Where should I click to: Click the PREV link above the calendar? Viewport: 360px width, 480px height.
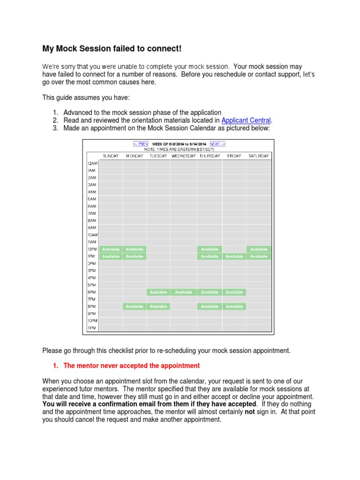coord(141,144)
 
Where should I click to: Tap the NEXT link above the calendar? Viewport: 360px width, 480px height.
coord(217,144)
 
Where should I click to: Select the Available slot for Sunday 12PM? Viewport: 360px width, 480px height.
coord(111,249)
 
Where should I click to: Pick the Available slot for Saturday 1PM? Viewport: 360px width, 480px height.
coord(259,256)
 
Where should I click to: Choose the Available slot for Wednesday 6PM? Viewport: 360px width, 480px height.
coord(183,292)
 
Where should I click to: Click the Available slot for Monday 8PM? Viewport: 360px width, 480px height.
coord(135,307)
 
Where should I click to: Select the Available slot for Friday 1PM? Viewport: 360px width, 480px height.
coord(234,256)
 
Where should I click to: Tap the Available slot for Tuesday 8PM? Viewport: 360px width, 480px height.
coord(158,307)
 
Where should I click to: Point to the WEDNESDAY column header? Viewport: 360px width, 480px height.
coord(183,156)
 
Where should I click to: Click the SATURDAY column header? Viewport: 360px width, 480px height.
coord(259,156)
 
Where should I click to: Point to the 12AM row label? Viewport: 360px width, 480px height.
coord(92,163)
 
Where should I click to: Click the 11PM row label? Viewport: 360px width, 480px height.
coord(92,328)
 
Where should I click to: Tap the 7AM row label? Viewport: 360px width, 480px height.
coord(92,213)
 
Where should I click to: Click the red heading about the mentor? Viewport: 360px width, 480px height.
coord(132,366)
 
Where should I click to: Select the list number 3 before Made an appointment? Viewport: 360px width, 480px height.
coord(55,128)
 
